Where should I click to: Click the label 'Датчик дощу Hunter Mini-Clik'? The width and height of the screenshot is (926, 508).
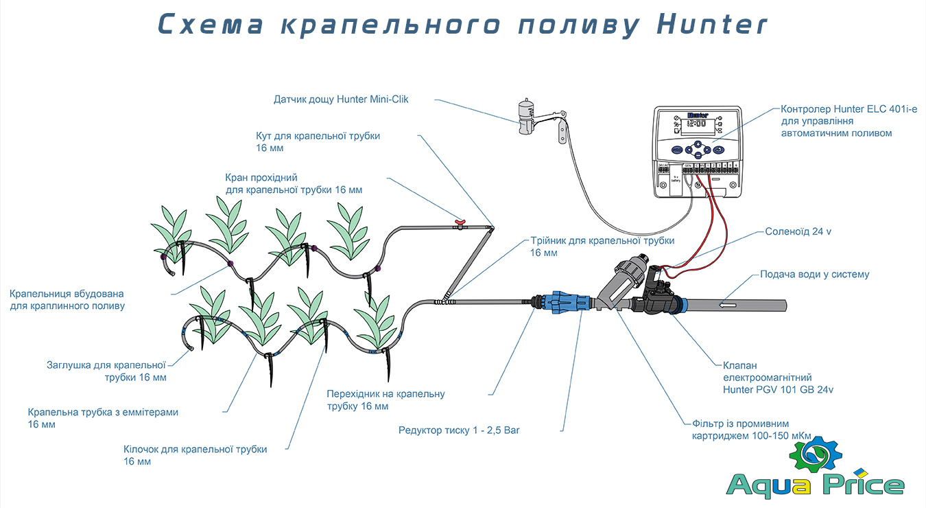pos(341,100)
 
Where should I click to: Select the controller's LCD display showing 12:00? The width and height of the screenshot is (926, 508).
pos(697,125)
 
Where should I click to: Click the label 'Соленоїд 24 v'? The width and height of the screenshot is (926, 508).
pos(798,232)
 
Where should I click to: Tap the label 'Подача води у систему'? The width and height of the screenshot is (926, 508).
pos(814,275)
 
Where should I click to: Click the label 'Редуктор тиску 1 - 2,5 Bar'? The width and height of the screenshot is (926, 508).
pos(464,430)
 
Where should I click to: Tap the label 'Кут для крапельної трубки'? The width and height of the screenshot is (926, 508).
pos(318,136)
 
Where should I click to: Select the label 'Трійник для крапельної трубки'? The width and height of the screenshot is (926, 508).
pos(602,241)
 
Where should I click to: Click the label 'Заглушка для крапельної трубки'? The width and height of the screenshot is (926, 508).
pos(106,365)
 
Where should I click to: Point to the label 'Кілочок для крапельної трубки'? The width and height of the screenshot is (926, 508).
pos(195,449)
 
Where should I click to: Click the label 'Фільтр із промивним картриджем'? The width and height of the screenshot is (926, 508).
pos(740,424)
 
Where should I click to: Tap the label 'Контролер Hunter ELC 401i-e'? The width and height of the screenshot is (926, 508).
pos(848,109)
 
